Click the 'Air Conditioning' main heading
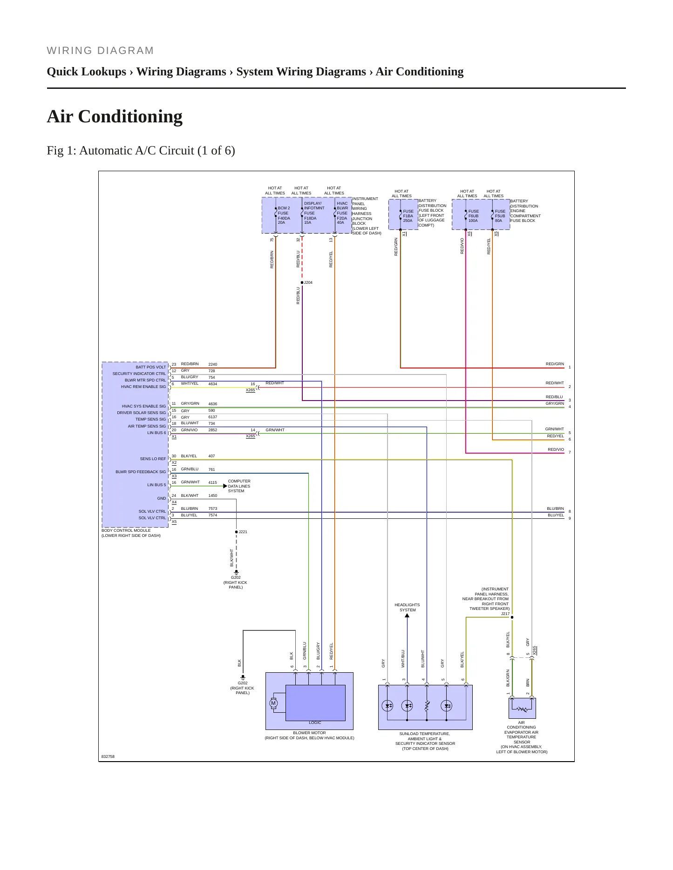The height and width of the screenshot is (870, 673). (115, 116)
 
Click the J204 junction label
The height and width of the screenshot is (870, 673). (308, 282)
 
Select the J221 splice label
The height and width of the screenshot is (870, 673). (243, 532)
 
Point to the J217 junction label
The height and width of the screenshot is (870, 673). (505, 614)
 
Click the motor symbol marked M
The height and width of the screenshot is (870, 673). (273, 703)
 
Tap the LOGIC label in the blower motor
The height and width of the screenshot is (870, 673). (315, 723)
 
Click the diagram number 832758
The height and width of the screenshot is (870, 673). (108, 756)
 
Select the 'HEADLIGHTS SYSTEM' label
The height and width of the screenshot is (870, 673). (407, 607)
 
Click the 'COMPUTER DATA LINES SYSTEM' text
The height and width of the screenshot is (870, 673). (239, 486)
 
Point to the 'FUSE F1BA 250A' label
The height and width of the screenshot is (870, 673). (408, 216)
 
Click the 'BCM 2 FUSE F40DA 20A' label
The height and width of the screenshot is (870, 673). (284, 215)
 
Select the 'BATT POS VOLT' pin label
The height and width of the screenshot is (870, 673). (151, 367)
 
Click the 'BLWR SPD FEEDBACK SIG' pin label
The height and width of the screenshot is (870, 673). (141, 472)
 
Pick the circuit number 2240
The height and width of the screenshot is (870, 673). (213, 364)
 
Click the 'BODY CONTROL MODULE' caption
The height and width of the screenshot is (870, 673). (126, 530)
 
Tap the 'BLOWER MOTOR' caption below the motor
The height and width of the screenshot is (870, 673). (309, 733)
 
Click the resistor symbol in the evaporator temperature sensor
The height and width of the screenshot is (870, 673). (522, 709)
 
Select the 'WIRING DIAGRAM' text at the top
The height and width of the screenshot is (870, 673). (100, 51)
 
